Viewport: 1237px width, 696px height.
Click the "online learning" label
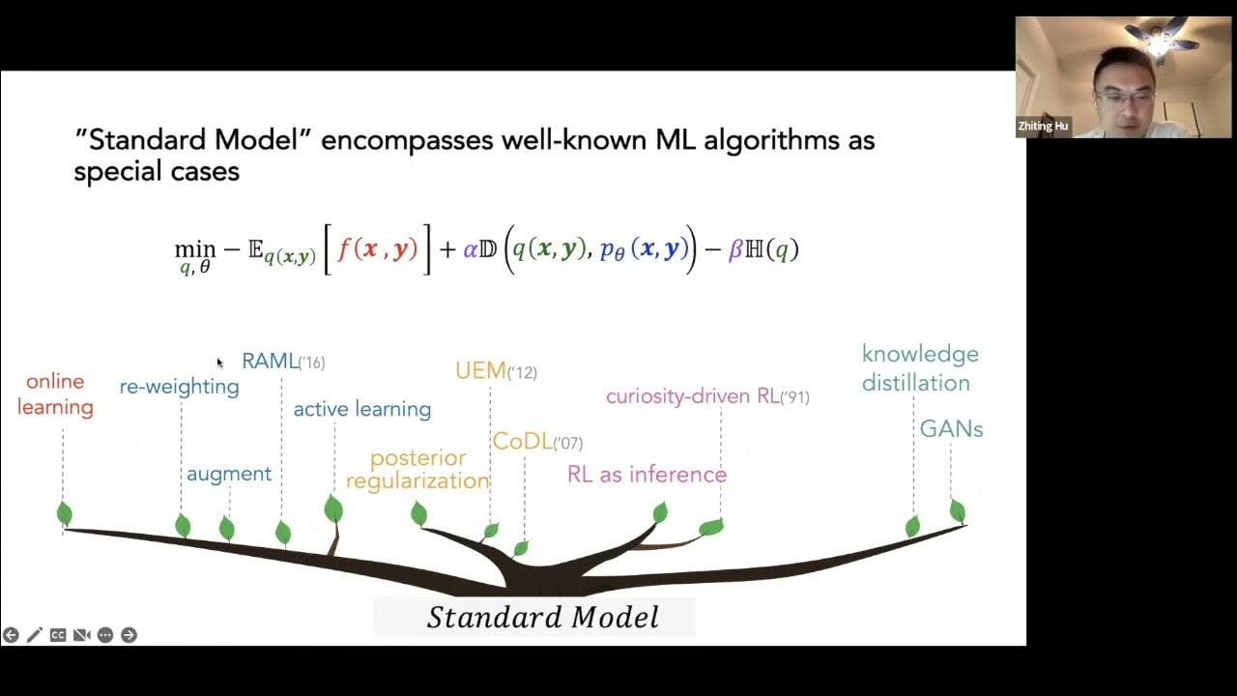55,394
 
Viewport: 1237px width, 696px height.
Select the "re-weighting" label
179,387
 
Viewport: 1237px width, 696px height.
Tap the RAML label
271,362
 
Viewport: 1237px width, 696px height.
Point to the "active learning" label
362,409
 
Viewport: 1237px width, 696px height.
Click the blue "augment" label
229,474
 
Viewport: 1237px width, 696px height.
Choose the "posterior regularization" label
417,469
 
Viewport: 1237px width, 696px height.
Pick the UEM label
481,371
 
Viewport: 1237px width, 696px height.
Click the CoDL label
522,442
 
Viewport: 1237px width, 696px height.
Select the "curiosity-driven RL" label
693,396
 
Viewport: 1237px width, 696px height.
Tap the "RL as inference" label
647,475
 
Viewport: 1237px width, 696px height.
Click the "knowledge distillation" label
919,368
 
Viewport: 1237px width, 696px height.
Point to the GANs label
951,429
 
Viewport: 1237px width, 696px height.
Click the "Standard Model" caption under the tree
542,618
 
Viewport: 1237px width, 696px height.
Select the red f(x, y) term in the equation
378,249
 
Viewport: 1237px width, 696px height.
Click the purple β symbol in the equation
734,249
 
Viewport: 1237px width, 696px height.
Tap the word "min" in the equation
194,248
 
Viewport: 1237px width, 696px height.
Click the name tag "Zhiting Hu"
1044,127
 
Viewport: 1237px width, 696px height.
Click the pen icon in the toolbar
34,635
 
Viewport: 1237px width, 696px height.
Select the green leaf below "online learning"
65,513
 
